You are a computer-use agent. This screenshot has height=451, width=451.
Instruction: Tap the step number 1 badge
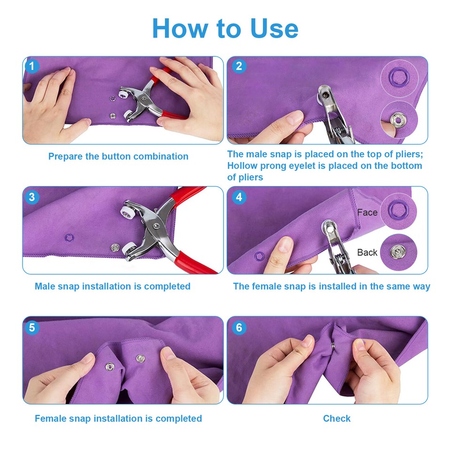click(32, 66)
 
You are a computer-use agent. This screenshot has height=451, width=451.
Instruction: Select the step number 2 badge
click(239, 66)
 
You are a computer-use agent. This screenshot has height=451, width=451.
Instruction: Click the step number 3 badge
click(32, 197)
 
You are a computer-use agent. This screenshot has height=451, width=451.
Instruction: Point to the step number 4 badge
click(239, 197)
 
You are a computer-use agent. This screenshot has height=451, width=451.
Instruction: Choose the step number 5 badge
click(32, 327)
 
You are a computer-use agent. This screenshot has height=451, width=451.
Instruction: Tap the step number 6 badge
click(239, 327)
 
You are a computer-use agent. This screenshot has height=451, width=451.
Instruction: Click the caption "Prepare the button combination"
click(118, 156)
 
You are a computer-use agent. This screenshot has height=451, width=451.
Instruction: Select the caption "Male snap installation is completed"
click(113, 286)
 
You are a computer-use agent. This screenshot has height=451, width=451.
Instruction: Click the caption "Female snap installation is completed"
click(118, 418)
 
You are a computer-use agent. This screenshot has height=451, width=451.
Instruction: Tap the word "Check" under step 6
click(337, 418)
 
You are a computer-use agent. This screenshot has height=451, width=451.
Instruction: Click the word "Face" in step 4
click(367, 212)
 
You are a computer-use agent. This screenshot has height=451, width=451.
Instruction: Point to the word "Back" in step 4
click(367, 252)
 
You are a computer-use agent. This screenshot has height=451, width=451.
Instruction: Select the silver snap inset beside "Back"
click(398, 252)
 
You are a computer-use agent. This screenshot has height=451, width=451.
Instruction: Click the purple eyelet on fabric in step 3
click(69, 237)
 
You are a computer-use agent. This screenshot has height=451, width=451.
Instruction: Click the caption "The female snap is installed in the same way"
click(332, 286)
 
